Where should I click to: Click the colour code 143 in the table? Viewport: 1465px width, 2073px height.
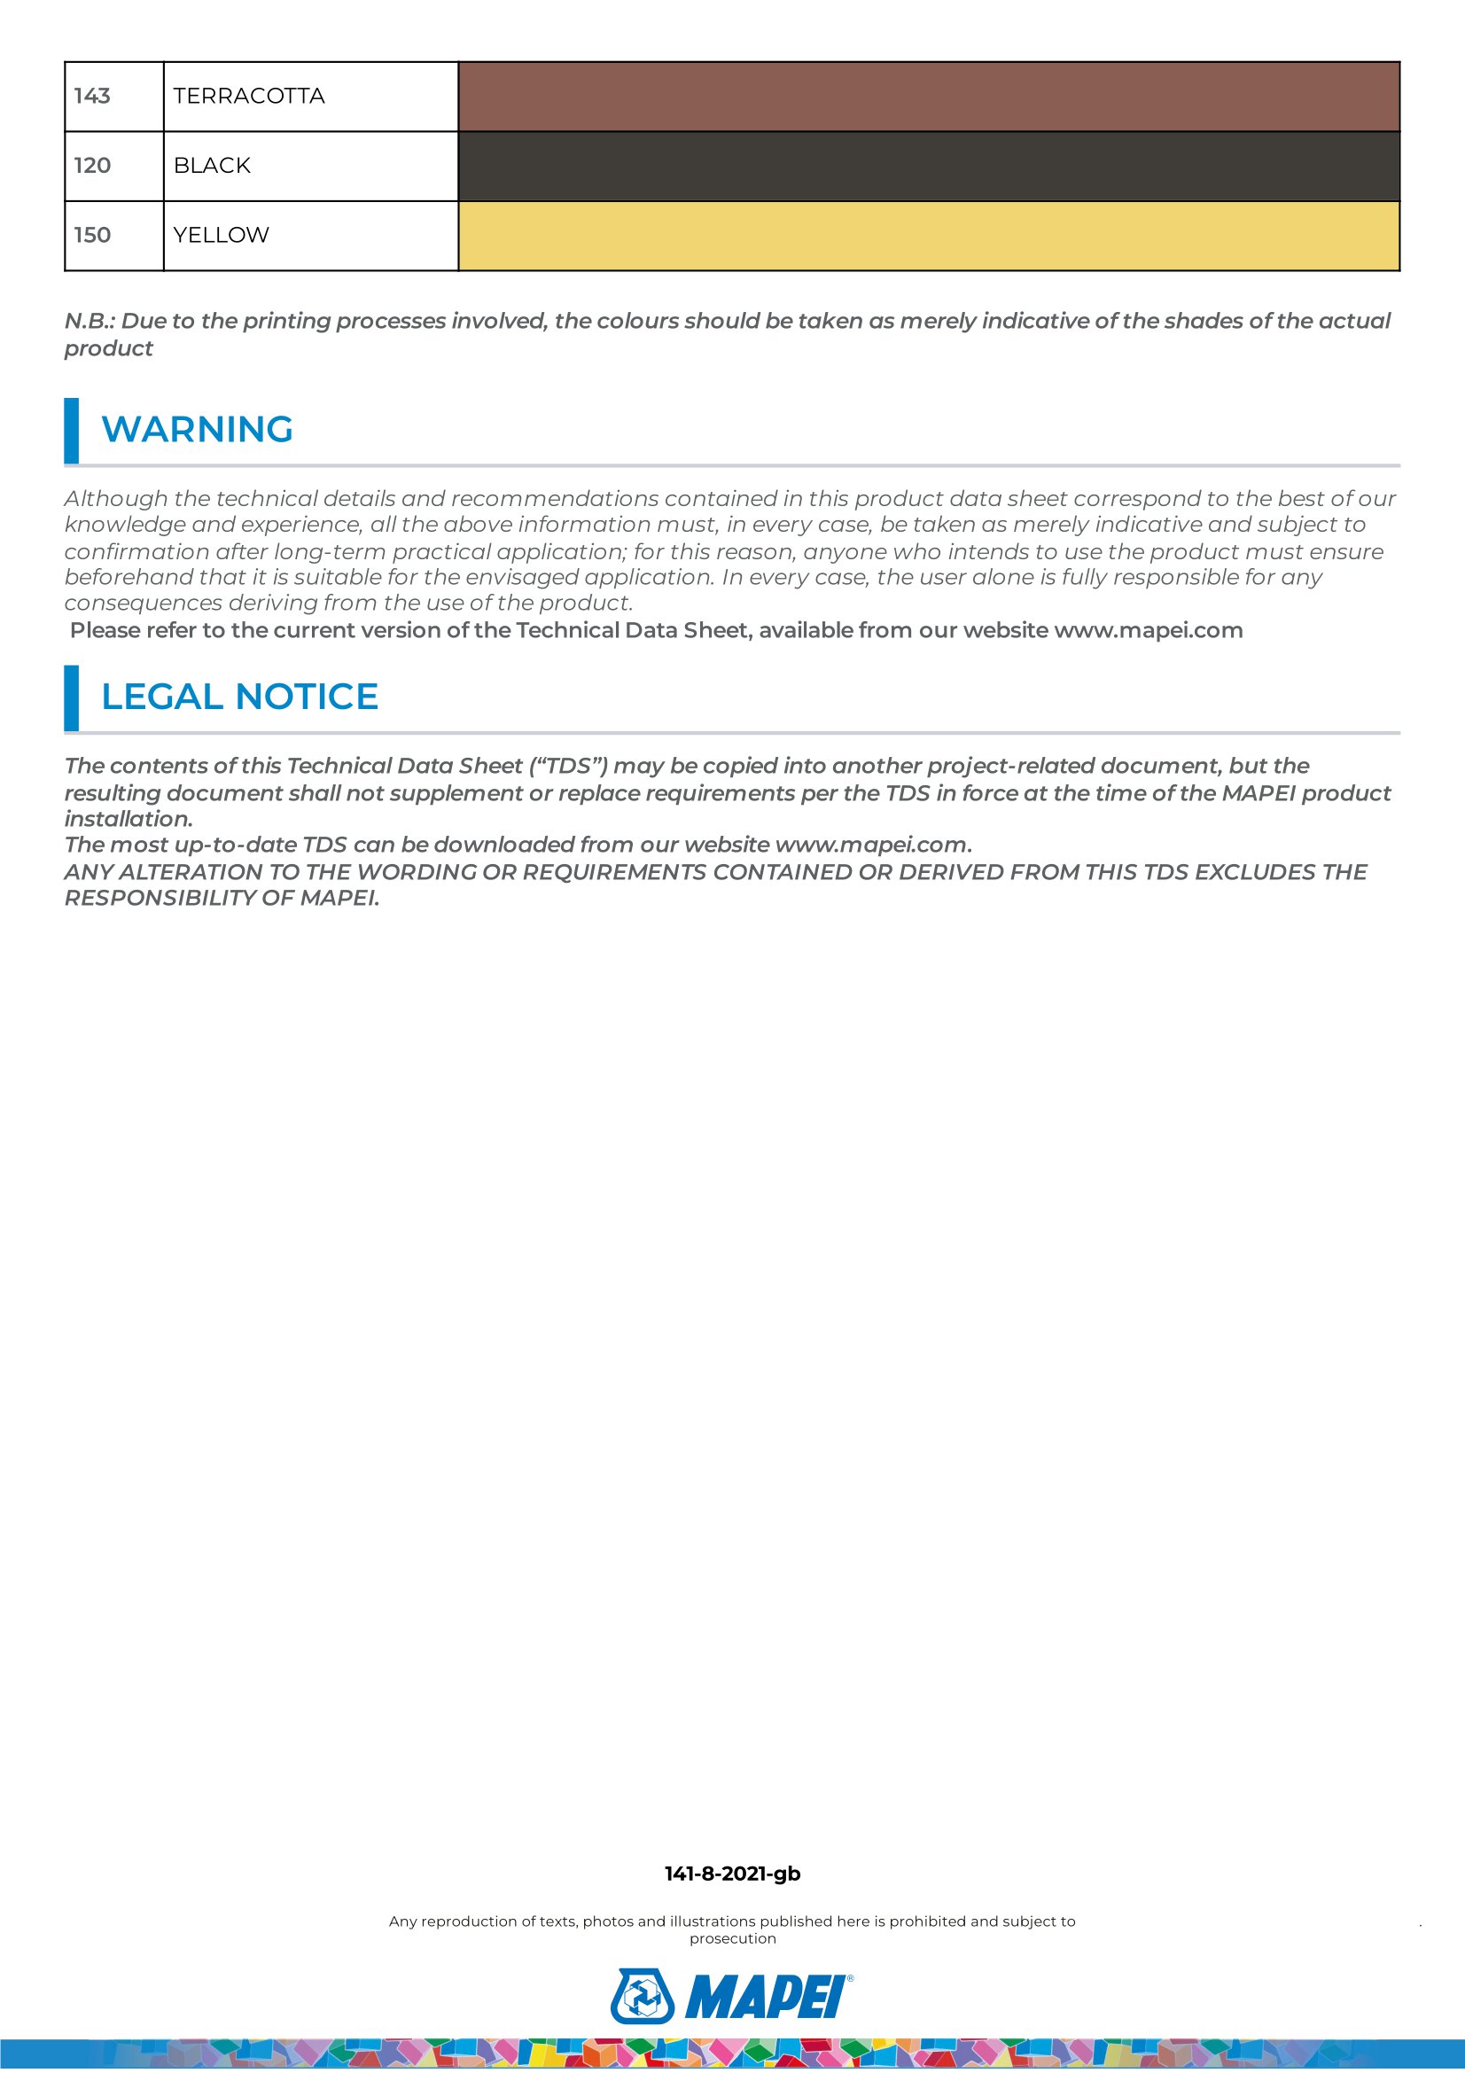click(x=92, y=96)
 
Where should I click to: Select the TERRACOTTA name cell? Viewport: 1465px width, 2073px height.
click(x=248, y=96)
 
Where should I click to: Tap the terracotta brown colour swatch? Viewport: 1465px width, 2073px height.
click(x=928, y=97)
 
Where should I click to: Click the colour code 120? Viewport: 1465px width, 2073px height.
click(x=92, y=165)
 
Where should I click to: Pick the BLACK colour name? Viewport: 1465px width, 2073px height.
click(x=212, y=165)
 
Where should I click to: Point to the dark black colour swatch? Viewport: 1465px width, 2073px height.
click(x=928, y=166)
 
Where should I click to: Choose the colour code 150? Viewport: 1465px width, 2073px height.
click(x=92, y=235)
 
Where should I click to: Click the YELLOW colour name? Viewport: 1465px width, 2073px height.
click(x=222, y=235)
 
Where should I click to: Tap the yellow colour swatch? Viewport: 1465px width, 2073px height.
click(x=928, y=236)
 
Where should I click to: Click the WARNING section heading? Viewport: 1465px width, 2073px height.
click(x=197, y=430)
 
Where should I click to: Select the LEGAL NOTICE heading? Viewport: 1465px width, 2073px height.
click(x=239, y=697)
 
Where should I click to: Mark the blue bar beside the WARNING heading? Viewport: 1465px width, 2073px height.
click(x=71, y=431)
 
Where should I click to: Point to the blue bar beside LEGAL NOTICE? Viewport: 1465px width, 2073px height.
click(x=71, y=697)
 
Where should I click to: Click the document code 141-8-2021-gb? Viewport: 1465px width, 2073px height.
click(x=732, y=1874)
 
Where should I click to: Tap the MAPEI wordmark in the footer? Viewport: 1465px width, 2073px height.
click(x=768, y=1997)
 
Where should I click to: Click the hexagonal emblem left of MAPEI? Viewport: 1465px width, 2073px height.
click(x=642, y=1996)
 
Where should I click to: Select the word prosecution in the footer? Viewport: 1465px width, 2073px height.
click(x=732, y=1938)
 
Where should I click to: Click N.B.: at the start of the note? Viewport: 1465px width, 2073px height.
click(x=90, y=321)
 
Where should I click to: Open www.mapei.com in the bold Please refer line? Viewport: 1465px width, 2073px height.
click(x=1149, y=630)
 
